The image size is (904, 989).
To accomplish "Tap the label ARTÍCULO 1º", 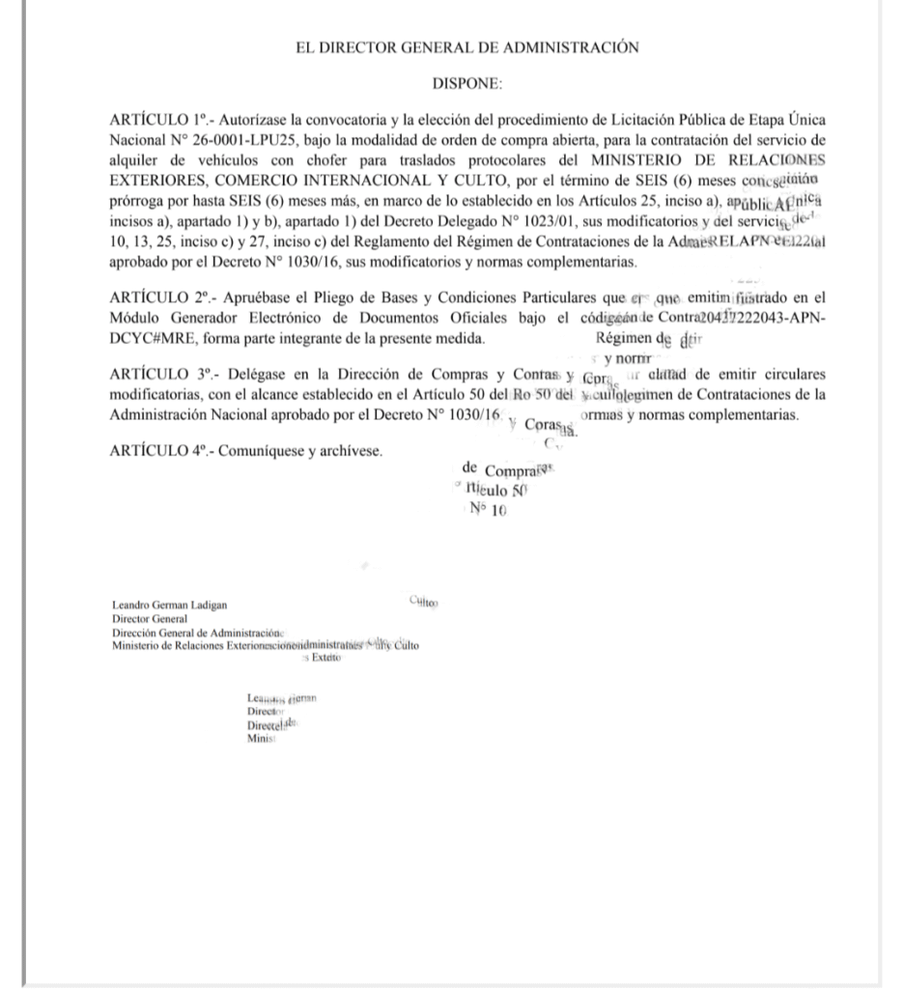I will [x=161, y=120].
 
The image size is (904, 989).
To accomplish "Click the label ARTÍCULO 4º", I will [x=161, y=451].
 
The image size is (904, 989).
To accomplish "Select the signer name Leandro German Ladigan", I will [x=170, y=607].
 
